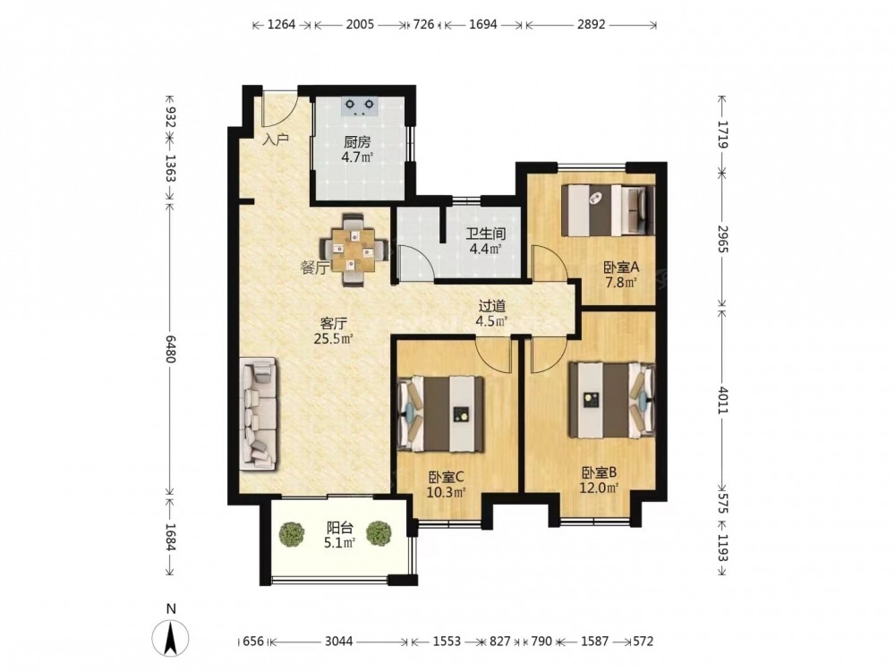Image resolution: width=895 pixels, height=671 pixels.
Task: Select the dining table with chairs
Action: tap(354, 250)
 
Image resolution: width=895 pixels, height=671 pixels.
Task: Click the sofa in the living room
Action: tap(260, 413)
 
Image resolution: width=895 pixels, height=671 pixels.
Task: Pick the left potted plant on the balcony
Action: tap(292, 534)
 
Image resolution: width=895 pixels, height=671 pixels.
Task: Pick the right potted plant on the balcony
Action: tap(378, 533)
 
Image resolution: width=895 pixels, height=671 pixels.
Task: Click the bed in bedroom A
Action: tap(608, 210)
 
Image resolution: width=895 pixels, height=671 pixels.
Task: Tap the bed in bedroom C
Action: tap(441, 413)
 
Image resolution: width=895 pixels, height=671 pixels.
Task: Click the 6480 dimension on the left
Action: tap(170, 344)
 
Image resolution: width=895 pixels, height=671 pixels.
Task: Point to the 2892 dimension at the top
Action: tap(591, 24)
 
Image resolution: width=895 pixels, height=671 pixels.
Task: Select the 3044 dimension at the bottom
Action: tap(339, 641)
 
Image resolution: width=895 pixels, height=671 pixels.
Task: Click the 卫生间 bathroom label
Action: tap(486, 234)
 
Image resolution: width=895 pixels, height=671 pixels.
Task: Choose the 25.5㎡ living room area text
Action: tap(334, 339)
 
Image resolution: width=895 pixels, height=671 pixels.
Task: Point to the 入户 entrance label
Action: tap(276, 139)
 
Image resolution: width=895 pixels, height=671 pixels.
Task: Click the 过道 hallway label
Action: tap(491, 306)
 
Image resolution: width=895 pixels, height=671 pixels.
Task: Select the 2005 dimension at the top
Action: tap(360, 24)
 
